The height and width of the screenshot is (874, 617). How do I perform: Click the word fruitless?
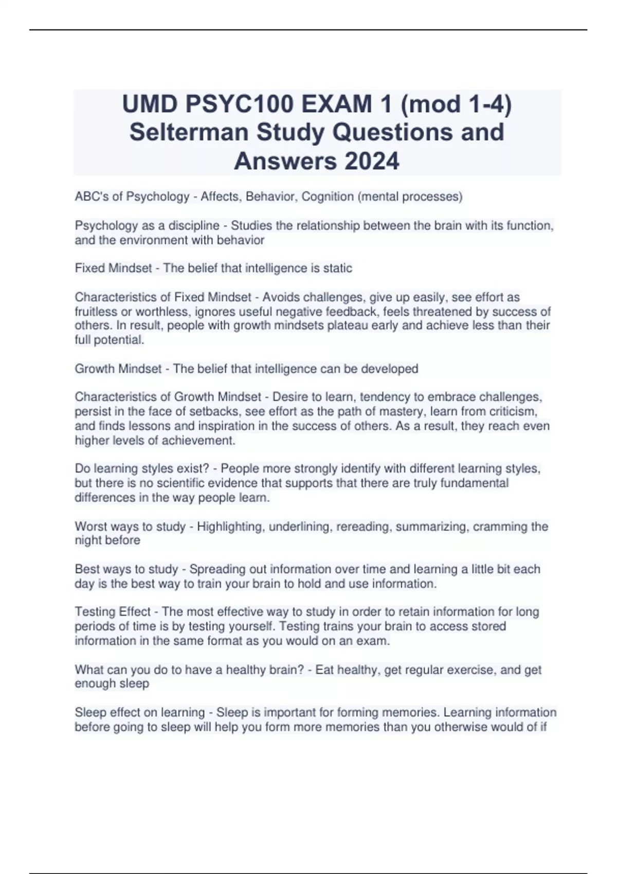(x=96, y=312)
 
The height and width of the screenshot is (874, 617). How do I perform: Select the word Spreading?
(x=215, y=570)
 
